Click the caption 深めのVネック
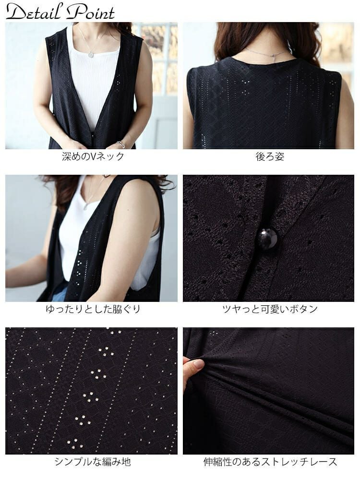(93, 156)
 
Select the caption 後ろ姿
(270, 156)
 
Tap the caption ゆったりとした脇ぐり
(93, 309)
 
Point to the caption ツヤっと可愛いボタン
(270, 309)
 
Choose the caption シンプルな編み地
(93, 461)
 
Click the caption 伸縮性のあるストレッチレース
(270, 461)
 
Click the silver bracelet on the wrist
(121, 144)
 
